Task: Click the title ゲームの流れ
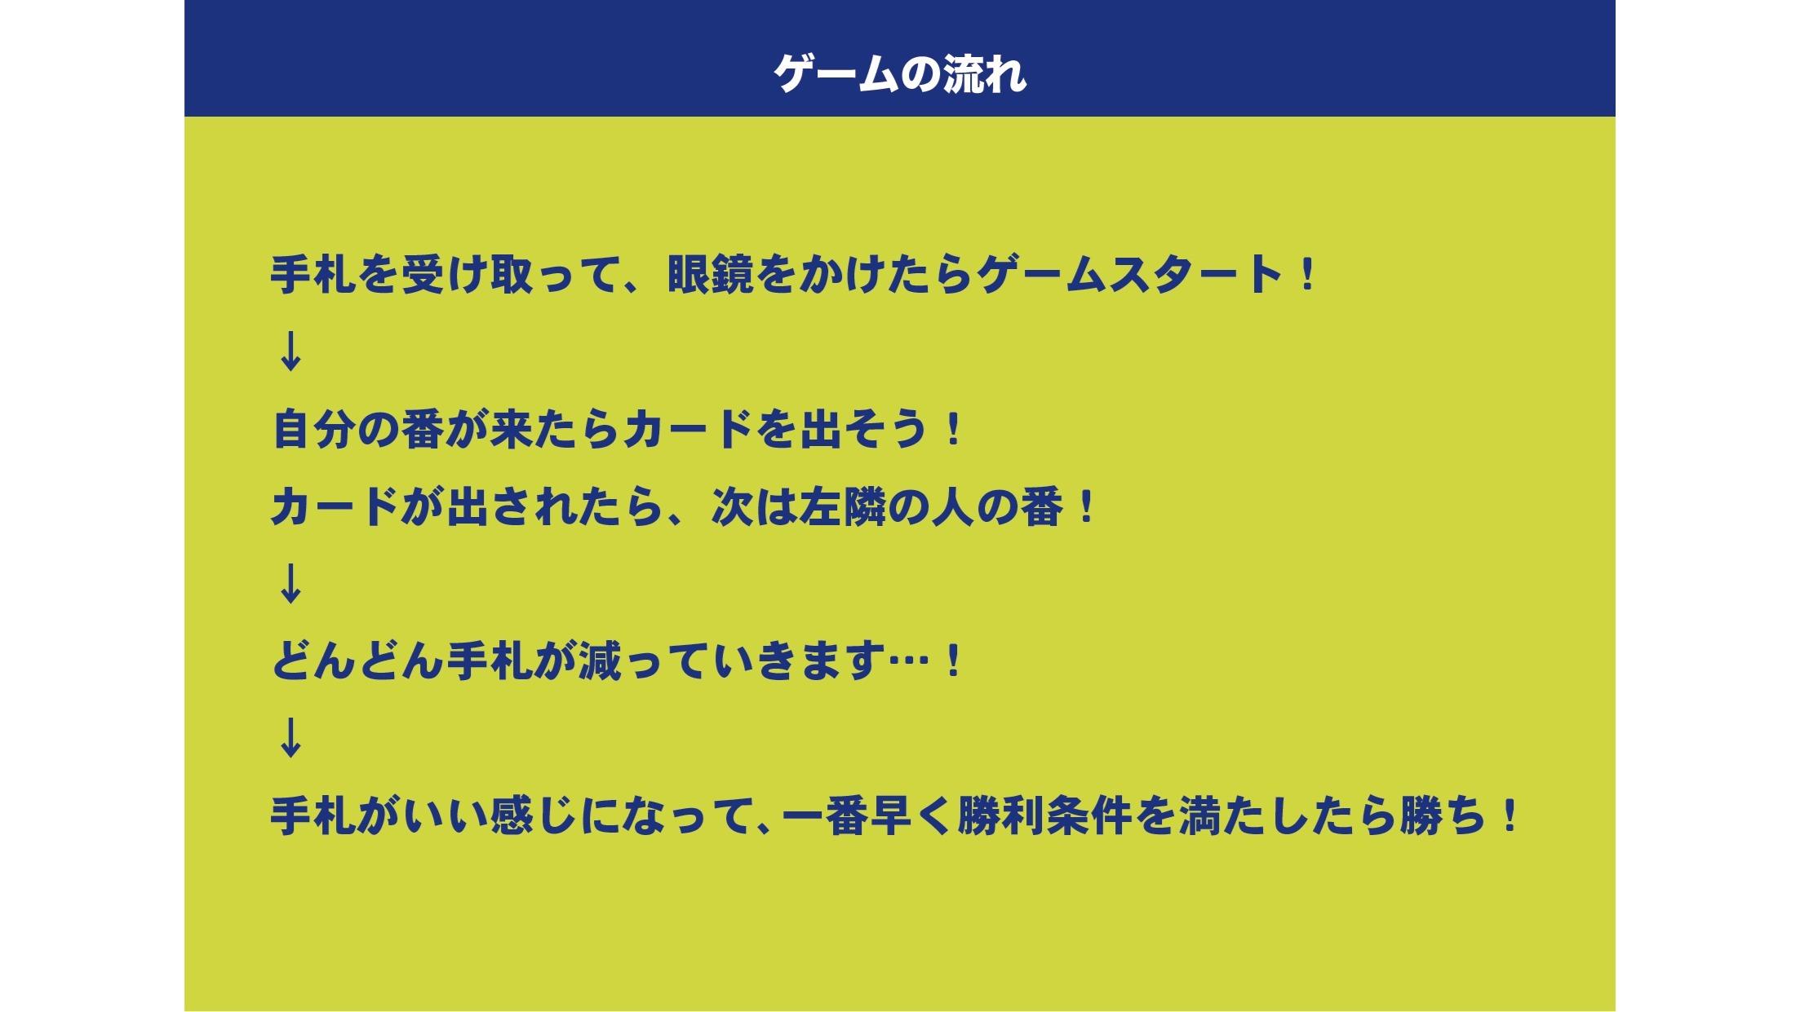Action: pyautogui.click(x=899, y=74)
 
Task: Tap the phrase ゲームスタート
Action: pyautogui.click(x=1130, y=275)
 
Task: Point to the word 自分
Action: pyautogui.click(x=314, y=429)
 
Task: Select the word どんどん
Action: pyautogui.click(x=357, y=661)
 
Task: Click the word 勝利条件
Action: pyautogui.click(x=1044, y=815)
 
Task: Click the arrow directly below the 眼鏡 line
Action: pyautogui.click(x=290, y=352)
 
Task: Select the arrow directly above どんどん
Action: pyautogui.click(x=290, y=584)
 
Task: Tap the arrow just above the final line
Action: pyautogui.click(x=290, y=738)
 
